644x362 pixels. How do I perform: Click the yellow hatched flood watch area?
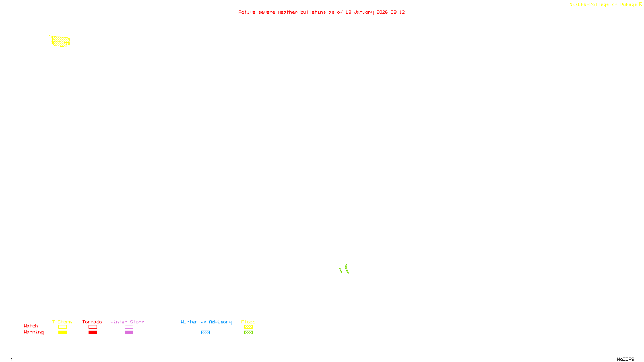[x=61, y=41]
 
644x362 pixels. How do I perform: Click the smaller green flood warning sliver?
[x=341, y=270]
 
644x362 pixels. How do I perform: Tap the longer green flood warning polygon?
[x=347, y=269]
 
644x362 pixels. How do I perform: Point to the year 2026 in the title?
[x=382, y=12]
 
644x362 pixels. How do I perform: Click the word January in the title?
[x=363, y=12]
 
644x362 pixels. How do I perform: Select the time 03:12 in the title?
[x=398, y=12]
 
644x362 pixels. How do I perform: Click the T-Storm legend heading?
[x=62, y=322]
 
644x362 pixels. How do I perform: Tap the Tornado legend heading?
[x=92, y=322]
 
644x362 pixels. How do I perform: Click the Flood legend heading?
[x=248, y=322]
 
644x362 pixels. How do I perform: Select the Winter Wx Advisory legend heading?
[x=206, y=322]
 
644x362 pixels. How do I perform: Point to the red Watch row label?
[x=31, y=326]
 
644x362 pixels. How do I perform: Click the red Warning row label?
[x=33, y=332]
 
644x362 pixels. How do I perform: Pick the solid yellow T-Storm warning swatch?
[x=62, y=333]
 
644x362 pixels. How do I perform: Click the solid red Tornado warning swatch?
[x=93, y=333]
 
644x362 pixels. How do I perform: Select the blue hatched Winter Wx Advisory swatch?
[x=205, y=333]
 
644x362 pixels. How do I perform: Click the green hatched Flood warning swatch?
[x=248, y=333]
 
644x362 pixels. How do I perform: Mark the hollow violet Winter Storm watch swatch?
[x=129, y=327]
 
